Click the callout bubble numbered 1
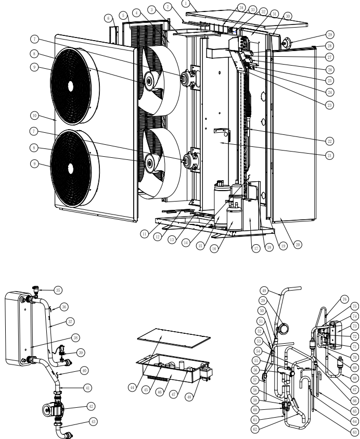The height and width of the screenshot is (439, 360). pos(186,3)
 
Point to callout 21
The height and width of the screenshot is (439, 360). pos(328,155)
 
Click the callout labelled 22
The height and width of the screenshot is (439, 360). pos(328,141)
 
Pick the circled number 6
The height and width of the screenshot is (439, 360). pos(108,18)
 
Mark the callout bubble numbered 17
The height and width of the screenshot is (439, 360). pos(255,249)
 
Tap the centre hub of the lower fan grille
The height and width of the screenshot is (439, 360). pos(70,166)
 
